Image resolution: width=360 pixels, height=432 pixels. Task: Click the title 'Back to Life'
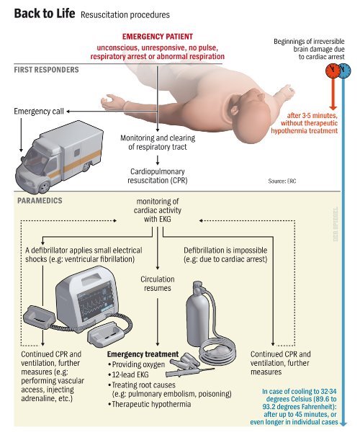(44, 14)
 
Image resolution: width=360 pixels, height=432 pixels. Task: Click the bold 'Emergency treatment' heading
(143, 355)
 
